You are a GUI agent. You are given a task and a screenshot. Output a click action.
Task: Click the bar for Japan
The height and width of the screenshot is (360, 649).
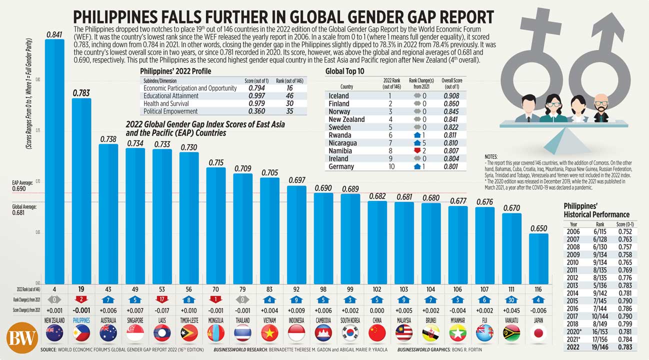point(537,257)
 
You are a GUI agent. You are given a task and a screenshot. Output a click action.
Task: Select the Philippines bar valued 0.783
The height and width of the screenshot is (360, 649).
point(81,190)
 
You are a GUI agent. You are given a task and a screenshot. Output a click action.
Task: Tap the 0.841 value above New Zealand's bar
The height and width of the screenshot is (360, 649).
point(54,34)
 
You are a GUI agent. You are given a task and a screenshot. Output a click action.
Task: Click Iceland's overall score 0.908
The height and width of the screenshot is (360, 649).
point(451,95)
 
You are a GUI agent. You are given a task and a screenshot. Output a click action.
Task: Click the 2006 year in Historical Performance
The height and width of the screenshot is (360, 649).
point(573,232)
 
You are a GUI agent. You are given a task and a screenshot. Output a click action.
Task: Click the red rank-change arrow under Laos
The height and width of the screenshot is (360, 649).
point(162,300)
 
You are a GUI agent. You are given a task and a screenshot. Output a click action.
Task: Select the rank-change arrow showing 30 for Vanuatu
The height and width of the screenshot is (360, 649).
point(511,300)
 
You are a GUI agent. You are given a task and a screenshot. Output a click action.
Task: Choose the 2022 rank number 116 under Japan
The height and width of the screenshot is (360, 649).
point(537,289)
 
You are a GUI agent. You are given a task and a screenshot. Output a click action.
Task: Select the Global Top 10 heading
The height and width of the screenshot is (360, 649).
point(344,71)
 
